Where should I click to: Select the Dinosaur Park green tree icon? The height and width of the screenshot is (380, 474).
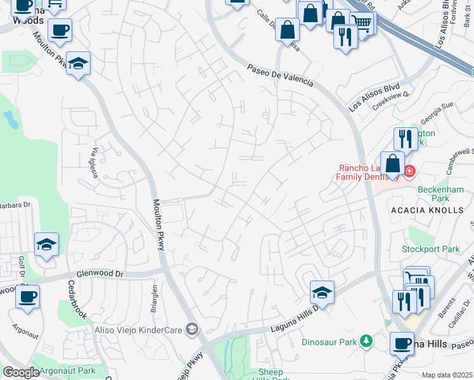click(366, 341)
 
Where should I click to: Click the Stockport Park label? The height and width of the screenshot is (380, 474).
click(430, 249)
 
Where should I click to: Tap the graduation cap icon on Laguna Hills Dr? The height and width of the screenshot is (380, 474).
click(322, 292)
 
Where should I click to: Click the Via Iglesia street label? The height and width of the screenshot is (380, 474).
click(96, 163)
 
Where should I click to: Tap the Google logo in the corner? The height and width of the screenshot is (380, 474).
click(21, 372)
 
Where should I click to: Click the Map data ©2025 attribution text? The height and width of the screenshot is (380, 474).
click(447, 375)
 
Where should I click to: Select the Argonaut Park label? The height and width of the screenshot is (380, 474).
click(67, 370)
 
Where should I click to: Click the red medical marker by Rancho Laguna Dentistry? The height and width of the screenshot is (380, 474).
click(409, 171)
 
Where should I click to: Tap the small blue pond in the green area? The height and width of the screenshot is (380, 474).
click(11, 118)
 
